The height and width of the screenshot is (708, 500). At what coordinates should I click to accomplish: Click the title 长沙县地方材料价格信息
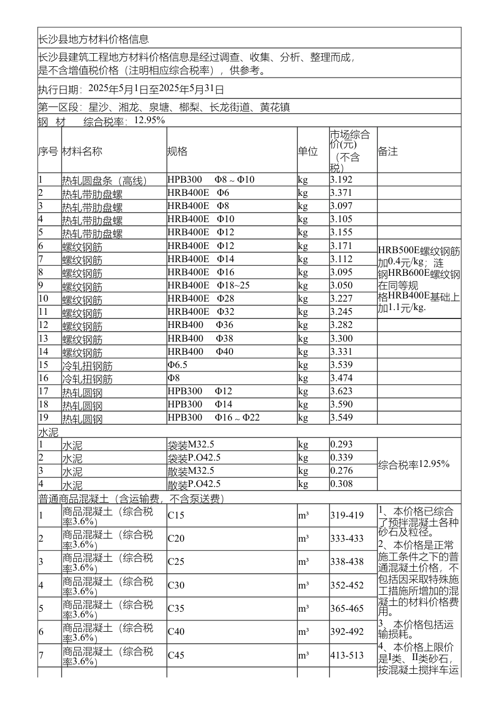pos(94,39)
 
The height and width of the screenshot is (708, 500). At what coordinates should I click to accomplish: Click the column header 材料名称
pos(82,152)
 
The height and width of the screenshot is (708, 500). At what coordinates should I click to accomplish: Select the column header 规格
pos(177,152)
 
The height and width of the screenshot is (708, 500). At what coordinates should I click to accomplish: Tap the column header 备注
pos(388,152)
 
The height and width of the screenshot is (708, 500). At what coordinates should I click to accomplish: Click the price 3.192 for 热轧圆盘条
pos(341,180)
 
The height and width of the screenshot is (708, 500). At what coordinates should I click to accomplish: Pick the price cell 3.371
pos(341,193)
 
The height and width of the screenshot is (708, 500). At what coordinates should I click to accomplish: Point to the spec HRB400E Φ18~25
pos(208,285)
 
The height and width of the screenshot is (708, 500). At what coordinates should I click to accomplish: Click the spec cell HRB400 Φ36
pos(201,325)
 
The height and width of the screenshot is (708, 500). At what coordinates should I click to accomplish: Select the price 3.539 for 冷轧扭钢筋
pos(341,365)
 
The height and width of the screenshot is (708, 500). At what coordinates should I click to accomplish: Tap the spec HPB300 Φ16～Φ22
pos(214,417)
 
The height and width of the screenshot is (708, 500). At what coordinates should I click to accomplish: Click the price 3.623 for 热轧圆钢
pos(341,391)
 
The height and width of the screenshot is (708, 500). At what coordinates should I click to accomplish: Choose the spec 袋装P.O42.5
pos(194,457)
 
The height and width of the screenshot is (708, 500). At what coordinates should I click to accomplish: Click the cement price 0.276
pos(341,471)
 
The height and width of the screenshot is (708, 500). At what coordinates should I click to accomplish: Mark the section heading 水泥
pos(48,433)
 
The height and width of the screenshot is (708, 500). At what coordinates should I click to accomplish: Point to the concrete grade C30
pos(176,585)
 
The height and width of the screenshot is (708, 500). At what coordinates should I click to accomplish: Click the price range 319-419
pos(347,515)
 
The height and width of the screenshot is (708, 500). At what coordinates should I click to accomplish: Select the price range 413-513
pos(347,655)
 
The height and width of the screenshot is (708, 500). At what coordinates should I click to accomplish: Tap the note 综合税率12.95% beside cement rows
pos(414,464)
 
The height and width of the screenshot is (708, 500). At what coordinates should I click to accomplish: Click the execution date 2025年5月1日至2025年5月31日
pos(156,88)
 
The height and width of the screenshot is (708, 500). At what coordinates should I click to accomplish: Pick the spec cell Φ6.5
pos(177,365)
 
